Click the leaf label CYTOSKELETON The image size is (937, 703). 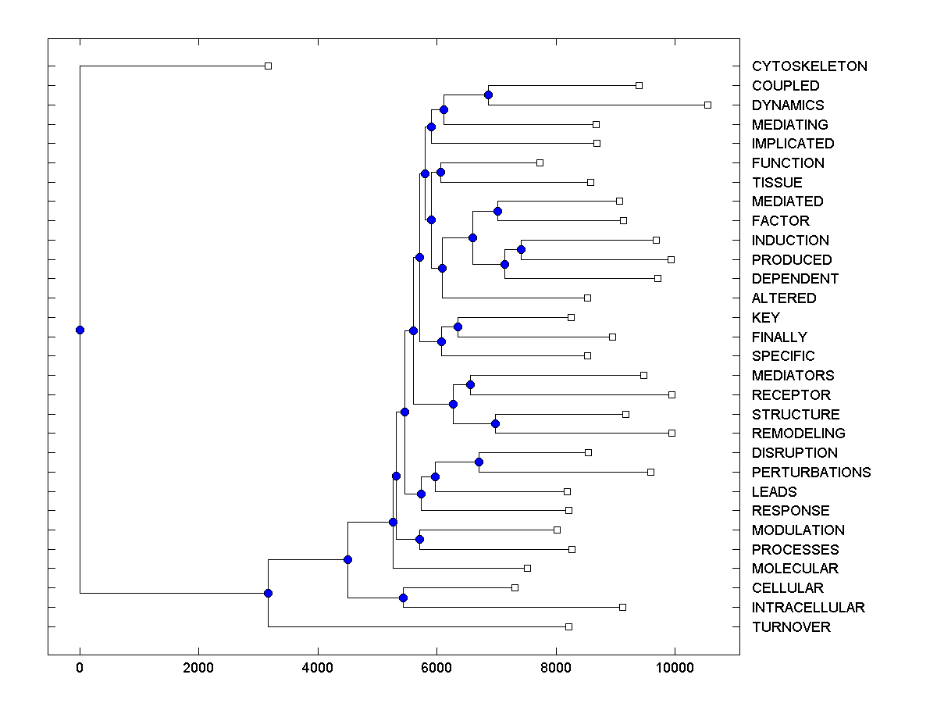809,66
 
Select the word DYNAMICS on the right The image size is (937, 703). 787,105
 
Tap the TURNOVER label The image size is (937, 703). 791,627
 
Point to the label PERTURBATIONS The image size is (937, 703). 811,473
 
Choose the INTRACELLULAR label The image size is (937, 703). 808,608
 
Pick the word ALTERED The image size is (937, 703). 783,298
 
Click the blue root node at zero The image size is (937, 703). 80,330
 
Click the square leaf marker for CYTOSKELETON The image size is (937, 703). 268,66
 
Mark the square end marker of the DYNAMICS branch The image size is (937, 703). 707,105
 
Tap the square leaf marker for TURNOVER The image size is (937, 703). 568,626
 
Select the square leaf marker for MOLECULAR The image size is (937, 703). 527,568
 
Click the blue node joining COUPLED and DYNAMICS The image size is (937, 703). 488,95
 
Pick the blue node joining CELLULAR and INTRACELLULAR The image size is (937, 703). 403,598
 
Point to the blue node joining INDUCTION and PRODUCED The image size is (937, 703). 521,250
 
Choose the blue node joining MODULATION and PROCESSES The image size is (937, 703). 419,540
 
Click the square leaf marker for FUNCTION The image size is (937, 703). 540,162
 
